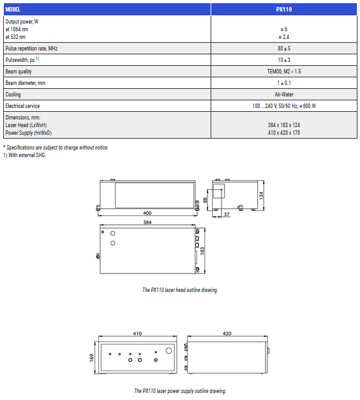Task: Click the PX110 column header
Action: pos(284,10)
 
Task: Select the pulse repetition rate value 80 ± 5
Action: pos(284,48)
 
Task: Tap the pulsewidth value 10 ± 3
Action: pos(284,59)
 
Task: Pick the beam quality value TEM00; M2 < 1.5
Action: pos(284,71)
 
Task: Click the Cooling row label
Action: pos(13,95)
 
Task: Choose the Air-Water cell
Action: pos(284,95)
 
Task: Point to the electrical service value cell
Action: pos(284,106)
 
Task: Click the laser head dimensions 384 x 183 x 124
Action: pos(284,125)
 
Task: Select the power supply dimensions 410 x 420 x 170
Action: pos(284,133)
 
